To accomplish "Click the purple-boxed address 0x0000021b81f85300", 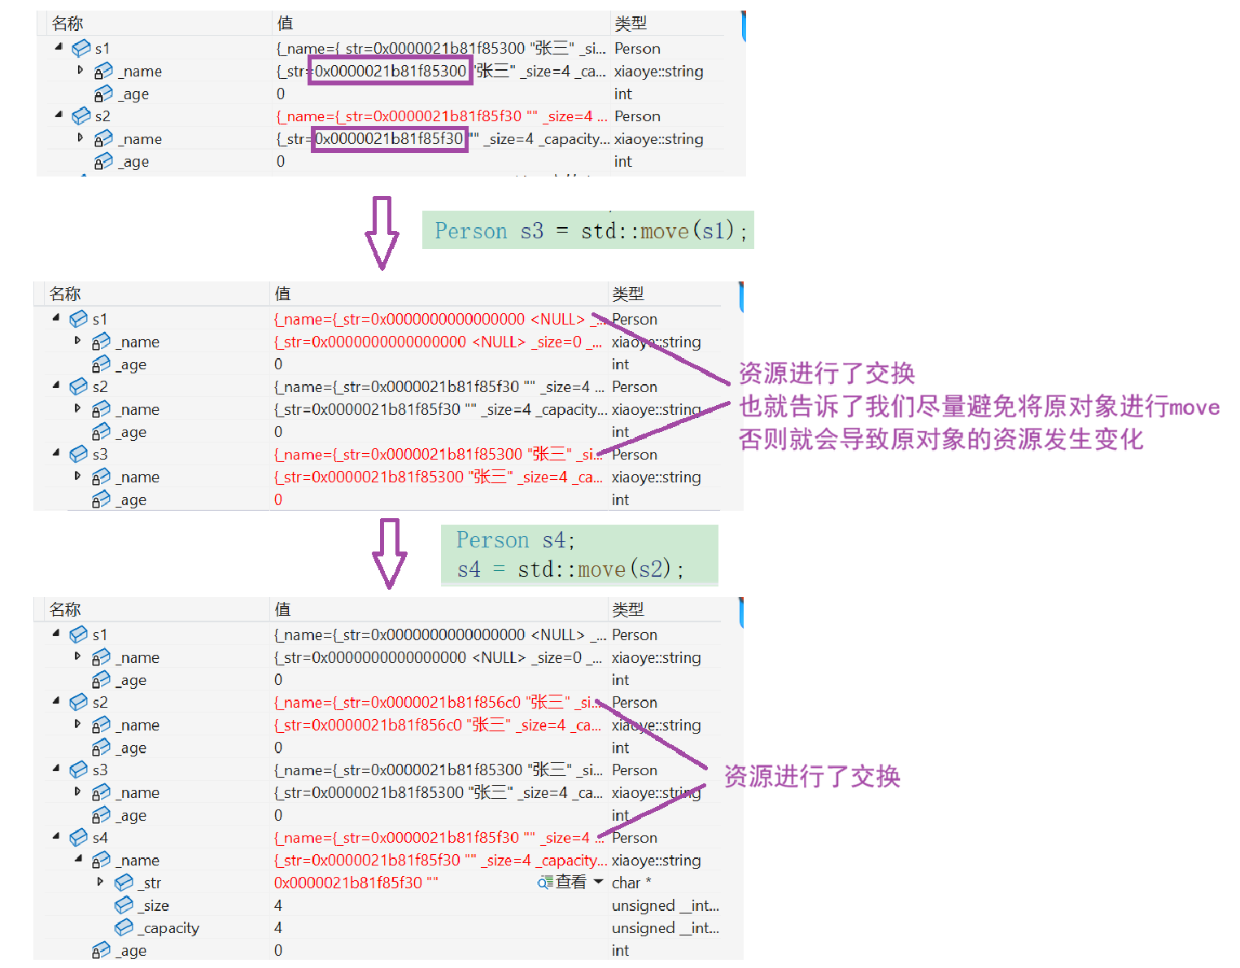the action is point(390,71).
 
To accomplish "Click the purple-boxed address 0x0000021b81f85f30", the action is point(389,139).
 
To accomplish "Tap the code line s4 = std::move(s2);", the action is point(570,569).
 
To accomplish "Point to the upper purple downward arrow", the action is point(382,233).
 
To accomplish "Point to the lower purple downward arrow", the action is point(390,553).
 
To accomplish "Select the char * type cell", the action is point(631,883).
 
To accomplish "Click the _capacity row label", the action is point(170,928).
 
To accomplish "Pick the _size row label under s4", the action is point(155,905).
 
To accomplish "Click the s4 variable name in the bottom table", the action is point(100,838).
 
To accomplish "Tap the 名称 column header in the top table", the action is point(68,24).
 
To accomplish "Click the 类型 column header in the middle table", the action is point(628,294).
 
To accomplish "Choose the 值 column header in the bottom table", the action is point(282,609).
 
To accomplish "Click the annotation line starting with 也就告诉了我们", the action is point(979,407).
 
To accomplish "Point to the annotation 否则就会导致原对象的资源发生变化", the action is point(941,440).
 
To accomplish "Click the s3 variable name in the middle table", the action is point(100,455).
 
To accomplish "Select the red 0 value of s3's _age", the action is point(278,500).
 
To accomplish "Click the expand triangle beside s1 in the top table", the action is point(59,47).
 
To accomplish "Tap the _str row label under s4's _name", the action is point(151,883).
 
